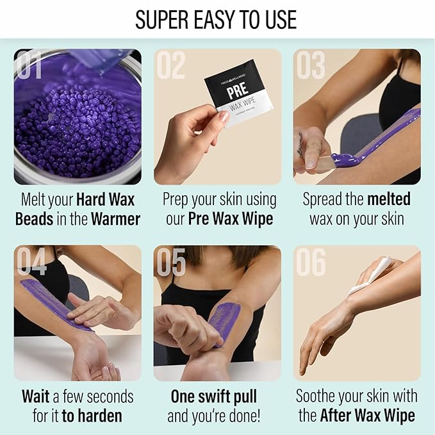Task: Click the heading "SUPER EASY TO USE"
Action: (x=217, y=20)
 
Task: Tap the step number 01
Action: (x=30, y=66)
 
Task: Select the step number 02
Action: (x=171, y=66)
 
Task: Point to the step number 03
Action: (x=311, y=66)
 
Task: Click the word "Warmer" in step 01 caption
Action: (x=115, y=218)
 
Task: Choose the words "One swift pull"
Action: (x=213, y=397)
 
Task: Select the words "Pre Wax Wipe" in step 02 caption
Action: (x=231, y=218)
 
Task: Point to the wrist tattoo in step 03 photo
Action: (x=300, y=144)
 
